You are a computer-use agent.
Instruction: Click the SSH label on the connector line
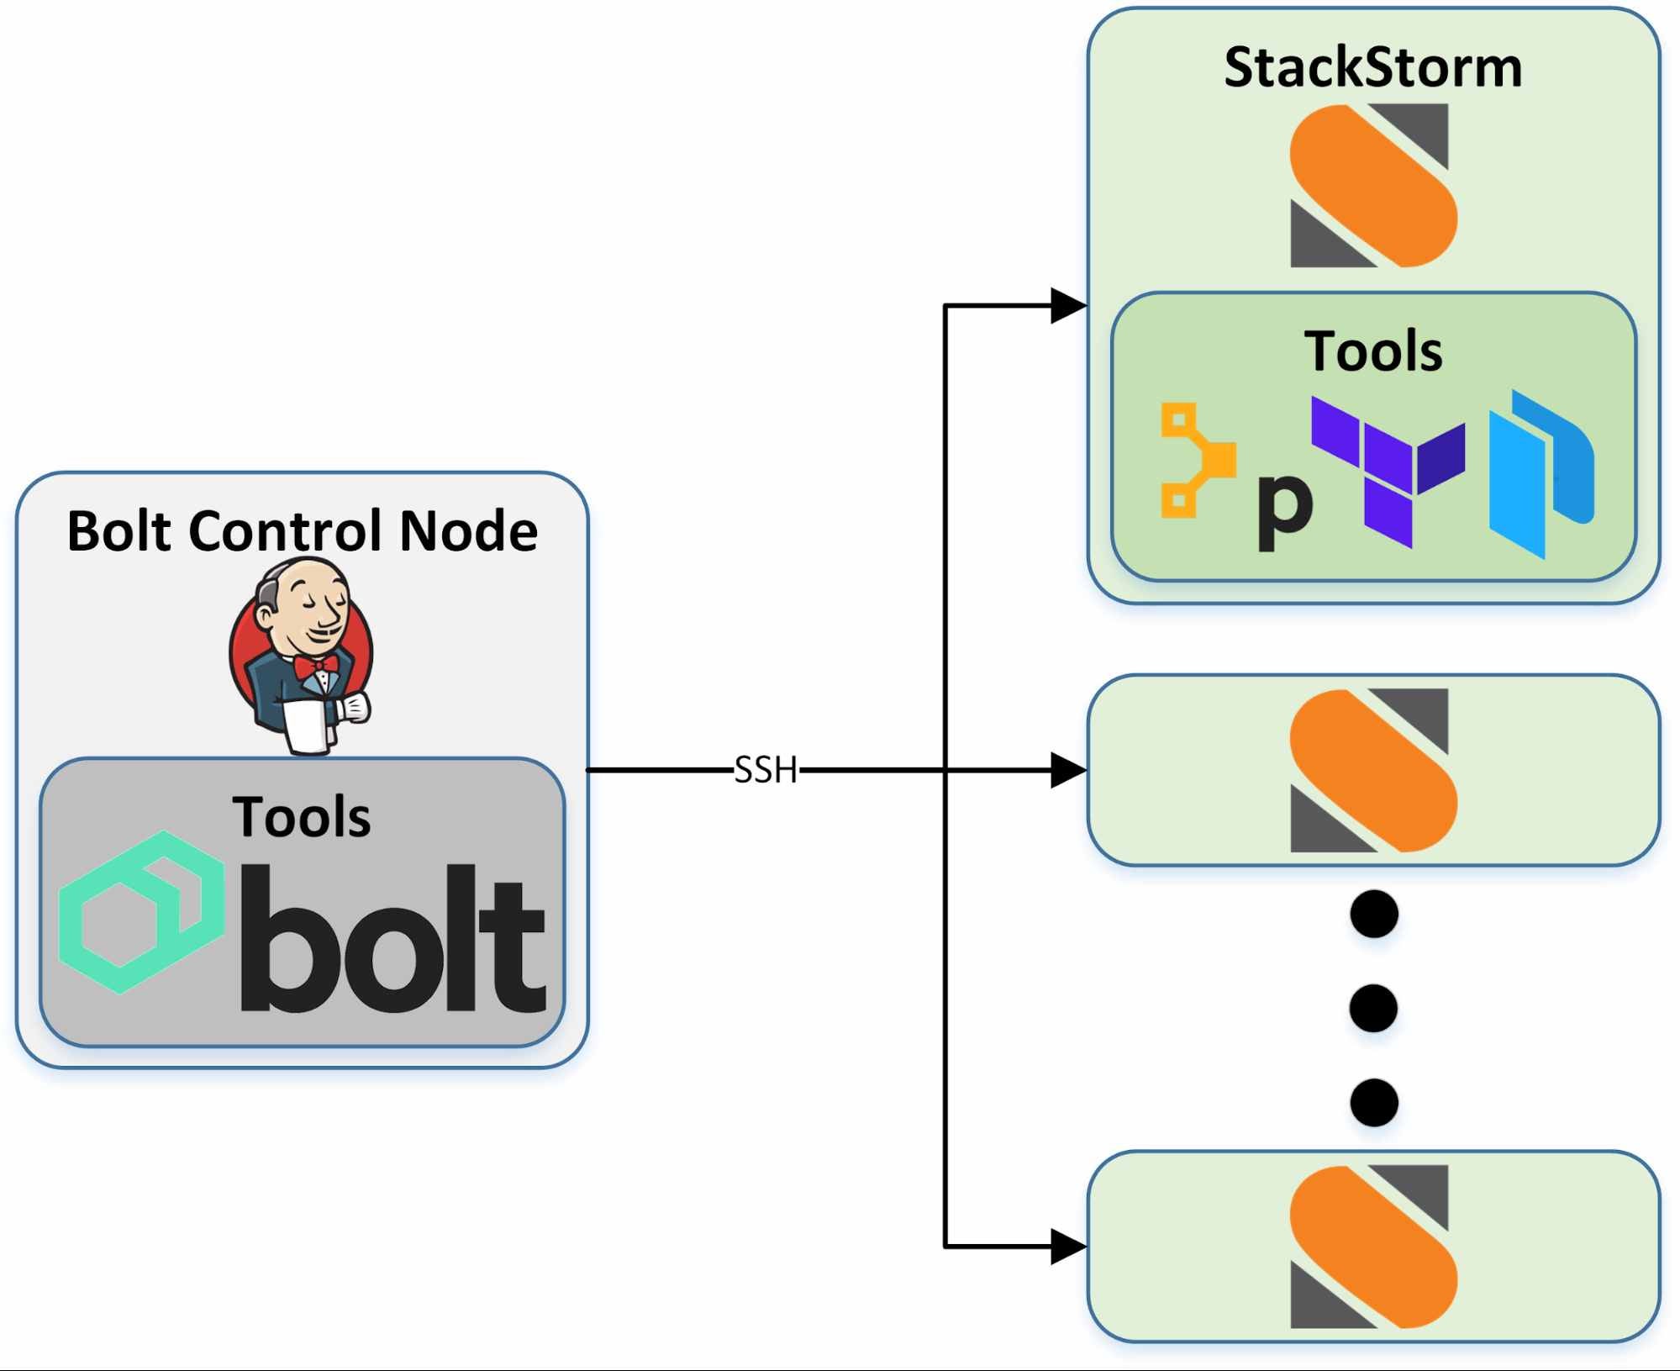[765, 770]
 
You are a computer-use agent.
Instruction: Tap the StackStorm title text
[1372, 67]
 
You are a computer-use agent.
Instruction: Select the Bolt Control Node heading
[302, 530]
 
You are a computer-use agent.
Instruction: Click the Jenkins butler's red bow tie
[317, 667]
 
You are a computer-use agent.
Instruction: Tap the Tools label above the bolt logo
[301, 817]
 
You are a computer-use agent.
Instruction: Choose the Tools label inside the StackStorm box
[1372, 351]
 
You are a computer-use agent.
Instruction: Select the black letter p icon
[1283, 509]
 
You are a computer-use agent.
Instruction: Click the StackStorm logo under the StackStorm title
[1372, 185]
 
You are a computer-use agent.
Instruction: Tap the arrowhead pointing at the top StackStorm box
[1067, 306]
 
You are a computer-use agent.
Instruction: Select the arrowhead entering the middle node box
[1067, 770]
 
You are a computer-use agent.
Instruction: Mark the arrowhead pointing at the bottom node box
[1067, 1247]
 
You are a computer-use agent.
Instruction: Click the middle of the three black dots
[1373, 1008]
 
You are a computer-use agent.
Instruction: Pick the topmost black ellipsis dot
[1373, 914]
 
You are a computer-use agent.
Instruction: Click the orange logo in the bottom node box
[1372, 1247]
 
